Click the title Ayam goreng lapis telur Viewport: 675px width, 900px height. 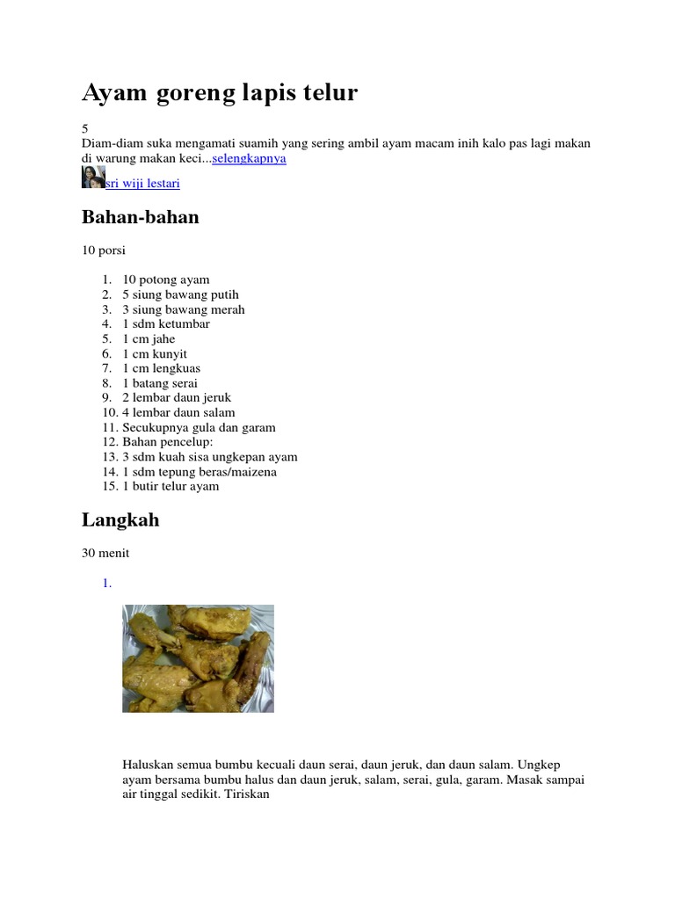220,93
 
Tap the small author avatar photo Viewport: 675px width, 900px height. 93,178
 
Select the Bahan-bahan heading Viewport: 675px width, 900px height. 141,217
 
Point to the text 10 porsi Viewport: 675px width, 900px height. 104,250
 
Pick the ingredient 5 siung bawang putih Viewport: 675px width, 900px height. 180,294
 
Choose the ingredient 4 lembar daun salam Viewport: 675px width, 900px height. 178,412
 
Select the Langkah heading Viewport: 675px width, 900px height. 120,519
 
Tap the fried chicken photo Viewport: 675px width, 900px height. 198,658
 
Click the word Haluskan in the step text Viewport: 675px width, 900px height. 149,765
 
